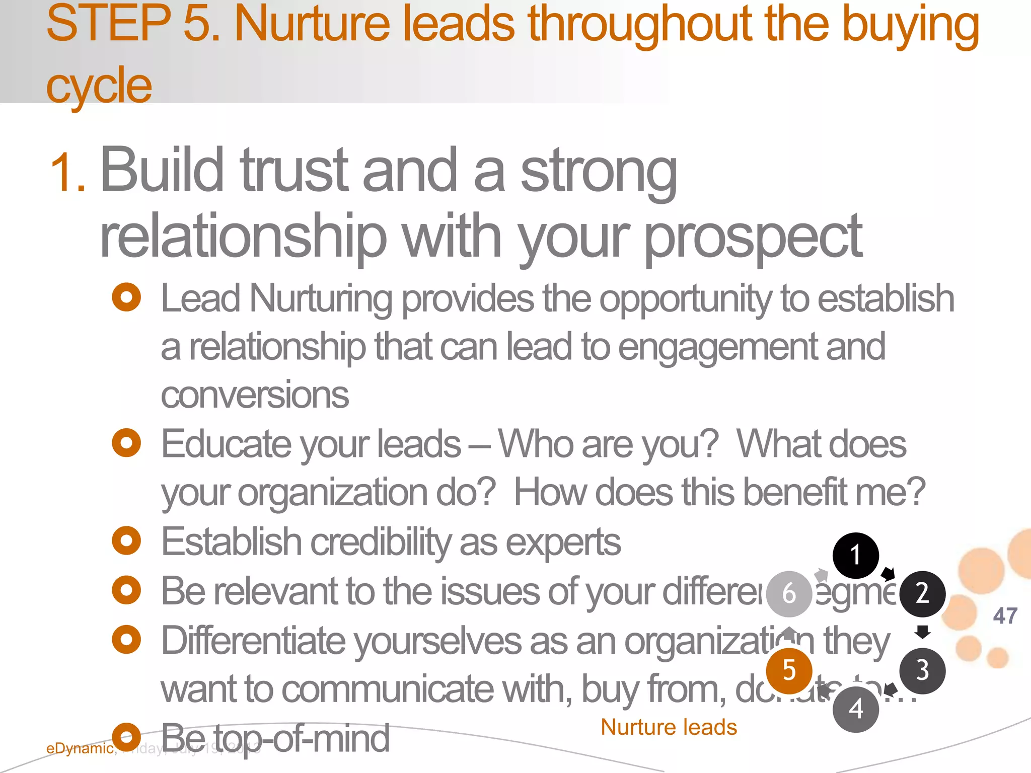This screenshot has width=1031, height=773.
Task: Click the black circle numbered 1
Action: pyautogui.click(x=855, y=555)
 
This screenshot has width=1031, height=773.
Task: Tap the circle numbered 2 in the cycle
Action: pyautogui.click(x=922, y=594)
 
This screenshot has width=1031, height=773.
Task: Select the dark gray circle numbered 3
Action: pyautogui.click(x=922, y=670)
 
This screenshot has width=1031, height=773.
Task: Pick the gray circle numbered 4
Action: pyautogui.click(x=856, y=709)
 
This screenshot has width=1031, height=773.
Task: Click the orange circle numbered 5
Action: pyautogui.click(x=789, y=670)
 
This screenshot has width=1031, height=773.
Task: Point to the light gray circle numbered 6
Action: pyautogui.click(x=789, y=594)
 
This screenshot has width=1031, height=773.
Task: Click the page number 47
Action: pyautogui.click(x=1005, y=616)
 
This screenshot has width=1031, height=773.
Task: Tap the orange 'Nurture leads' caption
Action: pyautogui.click(x=669, y=727)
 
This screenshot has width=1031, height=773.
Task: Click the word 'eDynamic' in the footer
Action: pyautogui.click(x=80, y=748)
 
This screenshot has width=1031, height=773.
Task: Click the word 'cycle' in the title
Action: pyautogui.click(x=99, y=86)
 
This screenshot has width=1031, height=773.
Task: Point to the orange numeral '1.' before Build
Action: pyautogui.click(x=68, y=174)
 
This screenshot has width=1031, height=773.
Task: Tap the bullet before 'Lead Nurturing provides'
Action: pyautogui.click(x=126, y=297)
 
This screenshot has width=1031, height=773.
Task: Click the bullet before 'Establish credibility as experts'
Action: pyautogui.click(x=126, y=541)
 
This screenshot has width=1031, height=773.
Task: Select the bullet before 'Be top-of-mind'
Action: pyautogui.click(x=126, y=737)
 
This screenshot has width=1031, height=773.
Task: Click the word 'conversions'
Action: pyautogui.click(x=255, y=395)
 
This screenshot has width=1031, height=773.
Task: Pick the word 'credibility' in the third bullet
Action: pyautogui.click(x=381, y=543)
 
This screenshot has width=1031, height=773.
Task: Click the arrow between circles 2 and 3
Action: pyautogui.click(x=922, y=632)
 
